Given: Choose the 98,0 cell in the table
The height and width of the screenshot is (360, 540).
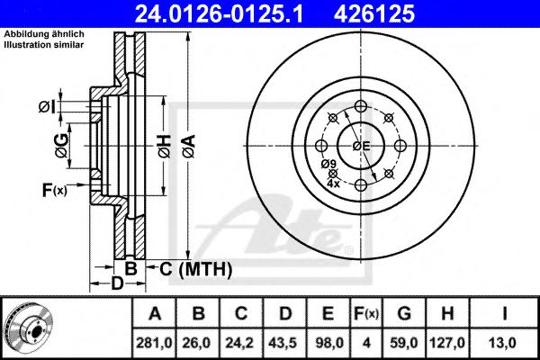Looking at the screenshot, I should click(x=329, y=342).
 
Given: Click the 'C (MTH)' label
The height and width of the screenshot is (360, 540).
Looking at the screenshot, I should click(x=196, y=268).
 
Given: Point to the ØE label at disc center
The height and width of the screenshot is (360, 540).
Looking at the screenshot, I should click(x=360, y=147).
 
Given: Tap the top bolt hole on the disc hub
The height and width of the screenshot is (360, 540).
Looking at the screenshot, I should click(x=361, y=105).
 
